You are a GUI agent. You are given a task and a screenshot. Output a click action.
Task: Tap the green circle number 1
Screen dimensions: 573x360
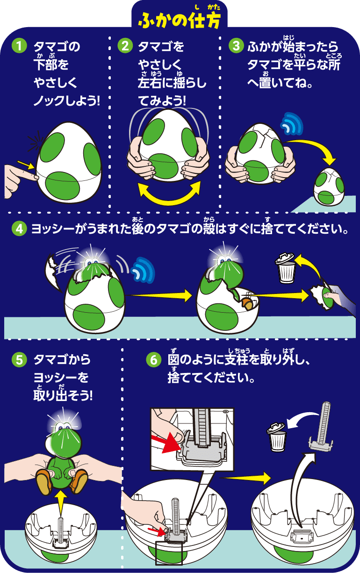pyautogui.click(x=19, y=46)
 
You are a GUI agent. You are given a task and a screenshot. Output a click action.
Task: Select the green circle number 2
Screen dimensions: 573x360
pyautogui.click(x=124, y=46)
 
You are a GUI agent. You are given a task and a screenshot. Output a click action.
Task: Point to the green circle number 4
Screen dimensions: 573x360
pyautogui.click(x=19, y=229)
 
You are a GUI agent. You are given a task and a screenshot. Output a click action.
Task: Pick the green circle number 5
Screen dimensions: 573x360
pyautogui.click(x=19, y=360)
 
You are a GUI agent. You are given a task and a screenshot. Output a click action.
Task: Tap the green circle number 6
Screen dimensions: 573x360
pyautogui.click(x=152, y=360)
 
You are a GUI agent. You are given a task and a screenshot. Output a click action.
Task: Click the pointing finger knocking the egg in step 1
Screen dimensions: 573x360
pyautogui.click(x=19, y=173)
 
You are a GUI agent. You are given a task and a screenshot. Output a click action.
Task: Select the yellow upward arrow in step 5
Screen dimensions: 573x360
pyautogui.click(x=59, y=501)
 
